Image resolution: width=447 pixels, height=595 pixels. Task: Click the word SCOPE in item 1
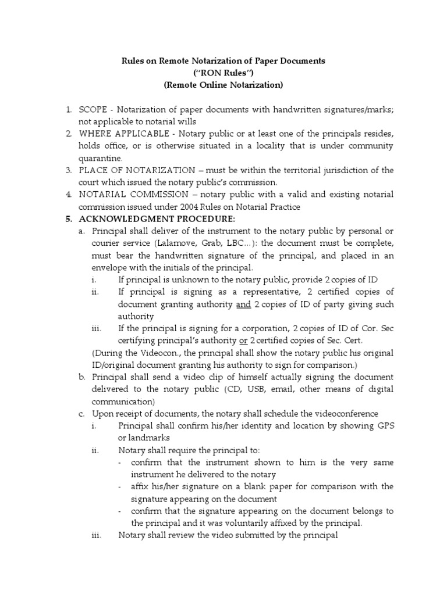click(x=94, y=109)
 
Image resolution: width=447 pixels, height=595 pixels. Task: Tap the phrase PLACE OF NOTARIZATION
click(x=137, y=170)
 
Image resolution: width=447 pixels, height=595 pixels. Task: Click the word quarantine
click(x=101, y=157)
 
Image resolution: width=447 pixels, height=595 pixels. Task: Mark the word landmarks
click(x=150, y=438)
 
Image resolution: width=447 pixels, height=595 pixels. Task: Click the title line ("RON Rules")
click(x=223, y=73)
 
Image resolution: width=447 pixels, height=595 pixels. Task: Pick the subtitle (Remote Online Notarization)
click(x=223, y=85)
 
